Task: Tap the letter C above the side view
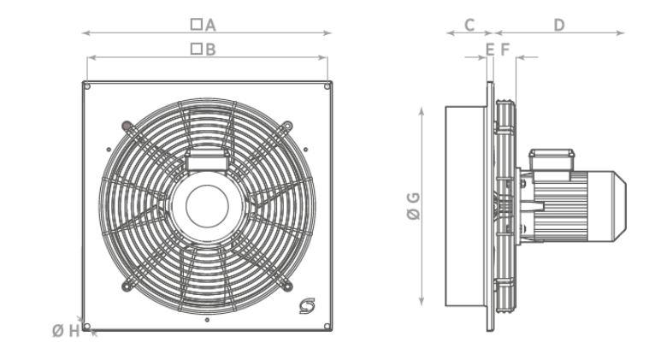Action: pos(469,25)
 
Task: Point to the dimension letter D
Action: pos(559,25)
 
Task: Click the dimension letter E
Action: pos(489,50)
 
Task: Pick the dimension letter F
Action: pos(504,50)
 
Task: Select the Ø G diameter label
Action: pos(413,208)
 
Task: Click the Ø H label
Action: pos(66,331)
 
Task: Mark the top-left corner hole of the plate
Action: pos(86,85)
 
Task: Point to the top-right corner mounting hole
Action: pos(328,85)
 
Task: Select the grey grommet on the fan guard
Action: pos(127,127)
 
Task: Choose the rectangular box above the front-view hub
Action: pos(207,159)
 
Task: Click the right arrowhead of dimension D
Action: pos(622,33)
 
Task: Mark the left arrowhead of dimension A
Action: pos(84,33)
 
